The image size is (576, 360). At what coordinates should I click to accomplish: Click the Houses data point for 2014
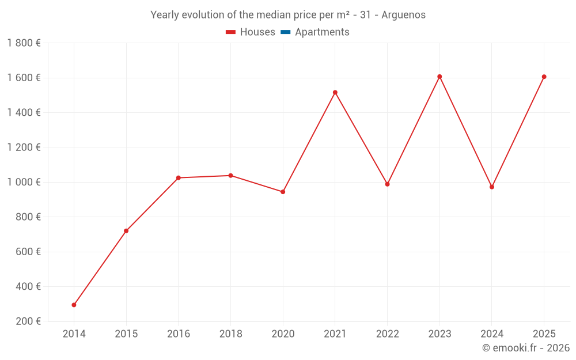point(74,305)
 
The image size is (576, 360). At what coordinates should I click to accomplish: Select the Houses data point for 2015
point(126,231)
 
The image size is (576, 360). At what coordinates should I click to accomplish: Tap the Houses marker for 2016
point(179,178)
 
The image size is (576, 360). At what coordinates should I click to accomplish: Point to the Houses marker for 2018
point(230,176)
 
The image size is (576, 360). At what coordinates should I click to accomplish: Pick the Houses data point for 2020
point(283,192)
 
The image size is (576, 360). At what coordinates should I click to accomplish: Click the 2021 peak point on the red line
point(335,92)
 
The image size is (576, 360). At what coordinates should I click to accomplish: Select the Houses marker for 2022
point(387,184)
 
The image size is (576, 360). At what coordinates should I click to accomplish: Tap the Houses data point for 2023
point(439,77)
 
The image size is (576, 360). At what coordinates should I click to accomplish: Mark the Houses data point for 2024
point(492,187)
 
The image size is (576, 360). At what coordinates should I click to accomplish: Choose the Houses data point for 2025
point(544,77)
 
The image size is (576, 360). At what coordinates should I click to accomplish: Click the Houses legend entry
point(251,32)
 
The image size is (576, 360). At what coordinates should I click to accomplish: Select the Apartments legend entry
point(315,32)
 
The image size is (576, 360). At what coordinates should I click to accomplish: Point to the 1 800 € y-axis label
point(24,43)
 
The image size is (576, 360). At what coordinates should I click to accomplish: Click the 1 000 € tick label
point(24,182)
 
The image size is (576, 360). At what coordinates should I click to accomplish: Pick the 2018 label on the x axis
point(230,334)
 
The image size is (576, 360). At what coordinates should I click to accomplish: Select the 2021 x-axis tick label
point(335,334)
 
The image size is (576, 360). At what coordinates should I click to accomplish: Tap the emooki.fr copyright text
point(526,348)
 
